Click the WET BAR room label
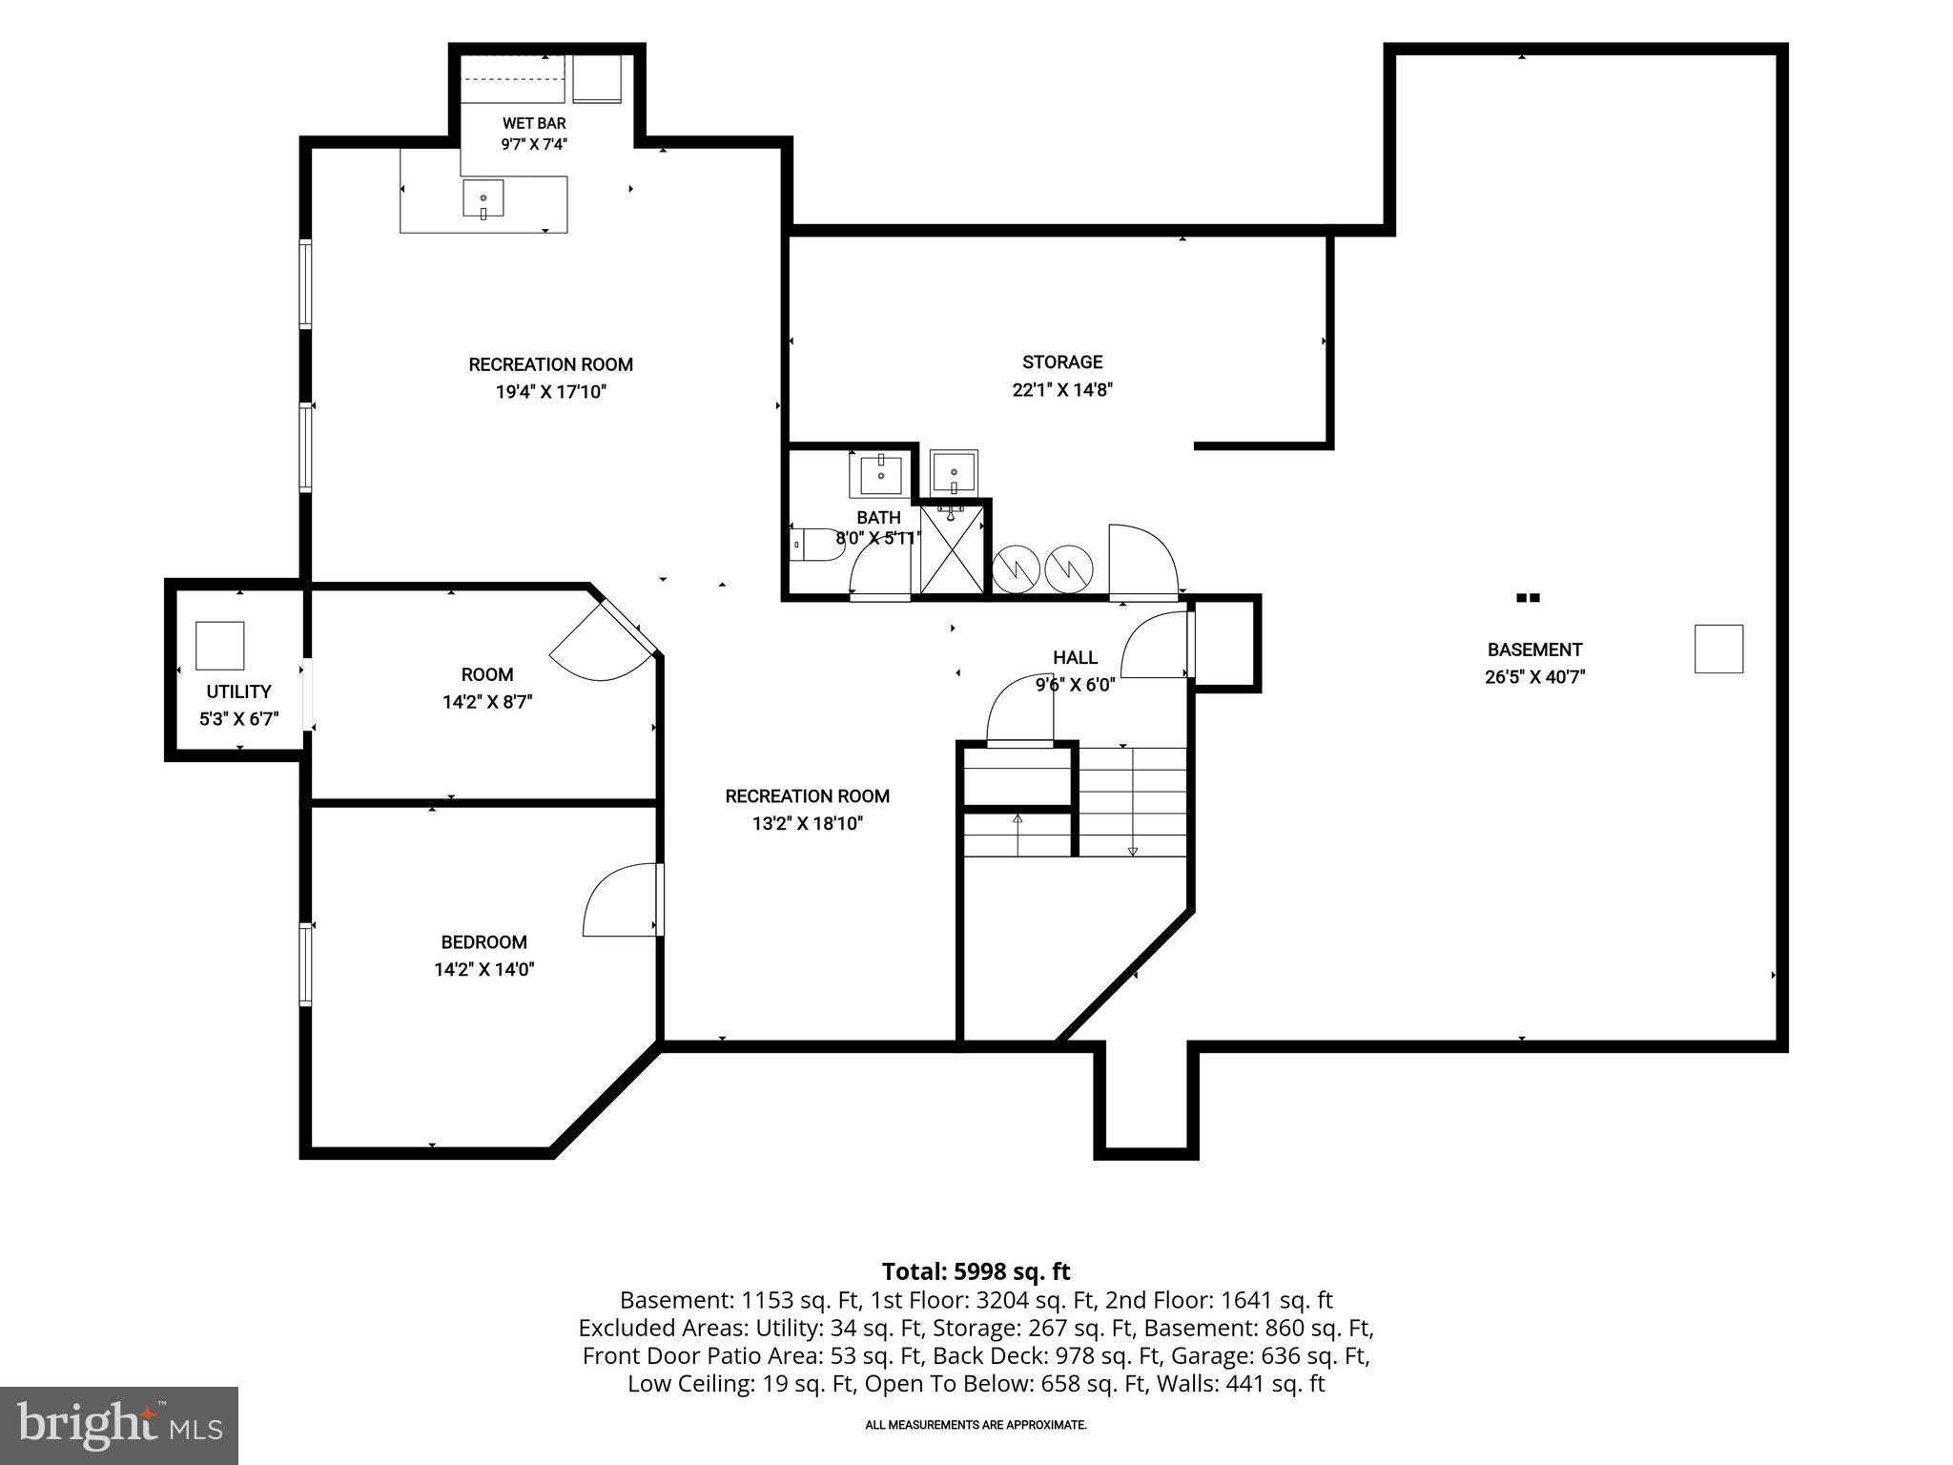[534, 123]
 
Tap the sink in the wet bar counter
[483, 197]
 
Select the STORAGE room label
[1062, 362]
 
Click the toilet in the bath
[814, 545]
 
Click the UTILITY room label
[238, 691]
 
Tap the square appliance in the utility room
[220, 646]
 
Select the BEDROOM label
[483, 942]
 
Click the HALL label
[1075, 657]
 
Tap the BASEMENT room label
[1534, 650]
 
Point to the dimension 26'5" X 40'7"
[1534, 677]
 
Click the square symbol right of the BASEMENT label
[1718, 650]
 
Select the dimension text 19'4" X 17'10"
[550, 391]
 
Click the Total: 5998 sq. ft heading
[976, 1271]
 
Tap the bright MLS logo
[119, 1425]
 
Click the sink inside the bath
[881, 474]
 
